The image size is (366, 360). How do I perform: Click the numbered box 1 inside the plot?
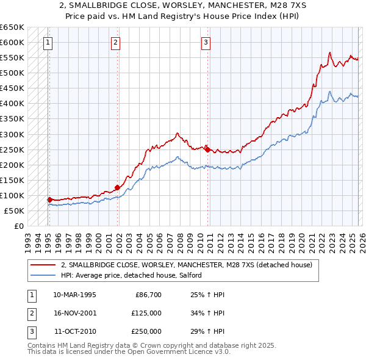[x=48, y=42]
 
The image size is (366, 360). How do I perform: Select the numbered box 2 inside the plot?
[x=116, y=42]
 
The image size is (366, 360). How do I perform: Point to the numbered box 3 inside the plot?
[x=206, y=42]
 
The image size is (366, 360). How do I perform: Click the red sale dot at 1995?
[x=50, y=200]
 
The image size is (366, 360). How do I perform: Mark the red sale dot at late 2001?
[x=118, y=187]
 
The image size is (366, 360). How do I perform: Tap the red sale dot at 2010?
[x=207, y=149]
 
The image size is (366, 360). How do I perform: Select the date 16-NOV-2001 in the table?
[x=74, y=313]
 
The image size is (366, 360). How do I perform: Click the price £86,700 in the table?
[x=148, y=295]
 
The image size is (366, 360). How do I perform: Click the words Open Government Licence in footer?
[x=181, y=352]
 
